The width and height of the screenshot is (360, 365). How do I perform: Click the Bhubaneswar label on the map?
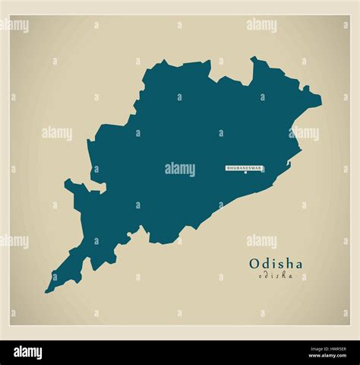click(245, 167)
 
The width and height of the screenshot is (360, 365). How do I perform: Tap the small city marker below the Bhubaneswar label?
click(245, 173)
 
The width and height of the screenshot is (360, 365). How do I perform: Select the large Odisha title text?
click(275, 264)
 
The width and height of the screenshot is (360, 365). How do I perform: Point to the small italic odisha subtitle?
click(275, 275)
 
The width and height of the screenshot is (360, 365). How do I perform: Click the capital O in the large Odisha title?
click(254, 264)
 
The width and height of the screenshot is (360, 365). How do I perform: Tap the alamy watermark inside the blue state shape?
click(180, 169)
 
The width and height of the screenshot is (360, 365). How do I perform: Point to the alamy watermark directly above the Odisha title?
click(261, 241)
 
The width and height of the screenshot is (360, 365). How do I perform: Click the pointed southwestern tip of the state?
click(47, 290)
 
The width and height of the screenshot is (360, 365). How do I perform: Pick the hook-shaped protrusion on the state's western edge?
click(71, 185)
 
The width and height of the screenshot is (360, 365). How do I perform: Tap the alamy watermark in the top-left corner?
click(14, 25)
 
